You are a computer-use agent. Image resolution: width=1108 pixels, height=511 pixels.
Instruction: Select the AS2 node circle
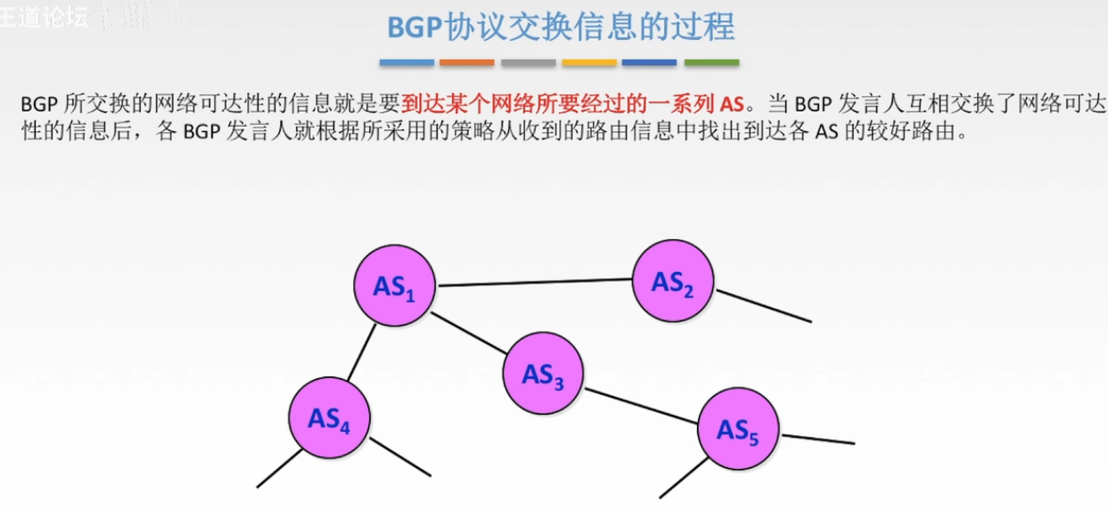[x=673, y=281]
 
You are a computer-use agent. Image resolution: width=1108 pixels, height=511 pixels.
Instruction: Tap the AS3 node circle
[x=543, y=373]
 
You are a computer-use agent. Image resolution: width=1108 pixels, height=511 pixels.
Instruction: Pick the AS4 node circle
[x=329, y=417]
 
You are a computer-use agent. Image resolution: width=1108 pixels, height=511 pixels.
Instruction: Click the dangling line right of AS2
[x=764, y=306]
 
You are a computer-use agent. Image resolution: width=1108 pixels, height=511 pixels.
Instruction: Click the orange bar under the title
[x=466, y=62]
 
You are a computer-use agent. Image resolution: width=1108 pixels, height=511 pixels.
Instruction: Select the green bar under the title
[x=711, y=62]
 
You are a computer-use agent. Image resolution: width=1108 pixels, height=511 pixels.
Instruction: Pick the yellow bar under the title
[x=589, y=62]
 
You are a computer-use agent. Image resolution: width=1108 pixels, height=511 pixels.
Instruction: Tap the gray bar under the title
[x=528, y=62]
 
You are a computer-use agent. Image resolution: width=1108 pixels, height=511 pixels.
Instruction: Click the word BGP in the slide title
[x=415, y=27]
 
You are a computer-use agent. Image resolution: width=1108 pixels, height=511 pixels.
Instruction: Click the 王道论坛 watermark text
[x=45, y=17]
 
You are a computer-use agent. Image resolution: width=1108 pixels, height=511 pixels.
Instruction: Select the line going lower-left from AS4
[x=280, y=467]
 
